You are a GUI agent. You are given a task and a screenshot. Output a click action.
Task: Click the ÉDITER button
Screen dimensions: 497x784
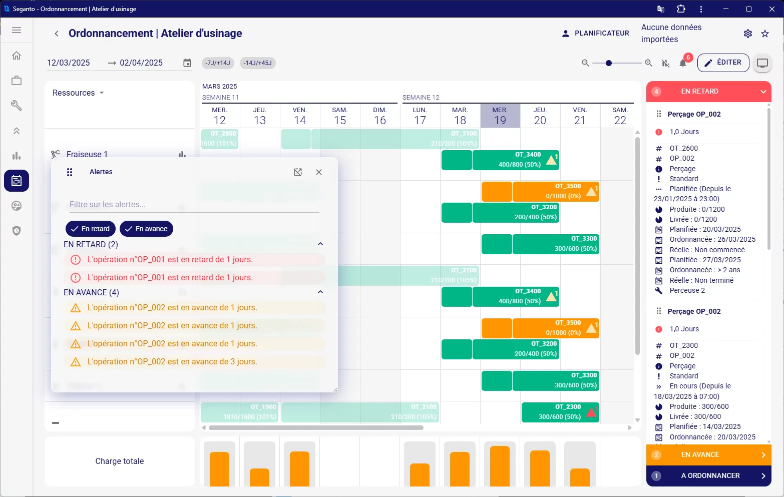point(723,63)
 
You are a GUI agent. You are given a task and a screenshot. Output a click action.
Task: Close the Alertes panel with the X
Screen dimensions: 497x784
point(319,172)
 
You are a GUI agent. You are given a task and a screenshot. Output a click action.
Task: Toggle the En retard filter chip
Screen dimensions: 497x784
point(91,229)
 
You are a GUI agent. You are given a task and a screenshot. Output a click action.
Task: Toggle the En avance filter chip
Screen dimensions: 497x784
point(146,229)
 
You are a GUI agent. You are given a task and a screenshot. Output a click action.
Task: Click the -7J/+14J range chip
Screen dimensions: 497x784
point(218,63)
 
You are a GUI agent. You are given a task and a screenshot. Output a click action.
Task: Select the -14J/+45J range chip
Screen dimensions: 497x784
point(258,63)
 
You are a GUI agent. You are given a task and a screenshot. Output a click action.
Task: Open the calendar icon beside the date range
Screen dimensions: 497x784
point(187,63)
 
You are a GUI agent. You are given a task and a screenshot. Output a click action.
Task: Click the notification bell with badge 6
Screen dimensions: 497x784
point(683,63)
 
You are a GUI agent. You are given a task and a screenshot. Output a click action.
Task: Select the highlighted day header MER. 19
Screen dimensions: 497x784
point(500,116)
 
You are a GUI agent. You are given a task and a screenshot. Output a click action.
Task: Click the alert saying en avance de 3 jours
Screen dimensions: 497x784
point(172,362)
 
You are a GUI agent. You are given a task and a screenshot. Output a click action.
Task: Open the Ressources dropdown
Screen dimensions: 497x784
point(78,93)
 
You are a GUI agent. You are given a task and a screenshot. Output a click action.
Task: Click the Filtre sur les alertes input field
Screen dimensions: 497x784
point(194,205)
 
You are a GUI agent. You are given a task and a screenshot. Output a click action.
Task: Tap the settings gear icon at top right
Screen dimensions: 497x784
point(747,34)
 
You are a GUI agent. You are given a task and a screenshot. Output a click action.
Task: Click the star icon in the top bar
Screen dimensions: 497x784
point(764,34)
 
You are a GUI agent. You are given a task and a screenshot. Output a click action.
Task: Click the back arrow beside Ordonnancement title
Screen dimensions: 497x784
point(57,34)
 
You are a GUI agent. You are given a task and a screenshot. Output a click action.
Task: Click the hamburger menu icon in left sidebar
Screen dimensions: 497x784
point(17,30)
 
